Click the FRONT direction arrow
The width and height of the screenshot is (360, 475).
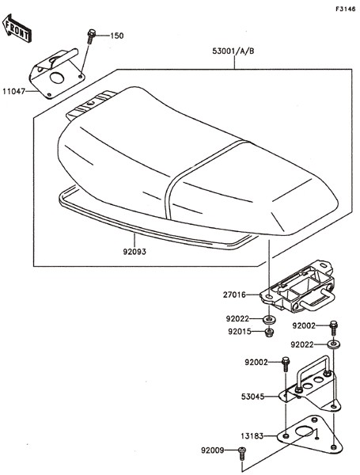(x=17, y=28)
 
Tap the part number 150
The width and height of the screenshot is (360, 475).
(x=116, y=36)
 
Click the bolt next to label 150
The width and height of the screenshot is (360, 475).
(x=91, y=36)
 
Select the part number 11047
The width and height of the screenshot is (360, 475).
(x=13, y=91)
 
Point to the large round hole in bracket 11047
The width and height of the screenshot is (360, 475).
(x=57, y=78)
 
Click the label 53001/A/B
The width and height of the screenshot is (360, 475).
(x=233, y=51)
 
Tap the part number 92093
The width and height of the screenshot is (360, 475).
(x=135, y=252)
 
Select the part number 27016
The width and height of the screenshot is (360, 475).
(x=235, y=294)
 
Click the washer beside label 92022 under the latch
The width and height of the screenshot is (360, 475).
(x=268, y=319)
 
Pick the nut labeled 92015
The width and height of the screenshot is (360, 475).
(x=269, y=332)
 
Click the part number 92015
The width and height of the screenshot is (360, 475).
(x=240, y=332)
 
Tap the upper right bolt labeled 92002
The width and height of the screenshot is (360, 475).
(x=333, y=327)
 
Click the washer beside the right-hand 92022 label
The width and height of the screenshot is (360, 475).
(x=333, y=344)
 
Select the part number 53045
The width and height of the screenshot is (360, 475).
(x=253, y=397)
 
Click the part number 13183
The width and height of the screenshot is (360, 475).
(x=252, y=436)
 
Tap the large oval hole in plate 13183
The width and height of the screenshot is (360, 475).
(x=304, y=431)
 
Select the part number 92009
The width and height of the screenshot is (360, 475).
(x=213, y=450)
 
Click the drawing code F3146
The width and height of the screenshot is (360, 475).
(x=345, y=9)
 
